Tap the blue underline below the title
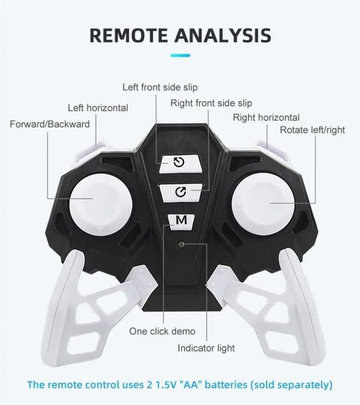point(180,56)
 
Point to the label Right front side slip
point(211,103)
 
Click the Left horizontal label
point(98,108)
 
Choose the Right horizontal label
point(266,118)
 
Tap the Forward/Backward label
point(50,124)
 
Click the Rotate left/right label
point(312,130)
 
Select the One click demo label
point(162,331)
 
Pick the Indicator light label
point(206,348)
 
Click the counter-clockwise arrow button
point(179,162)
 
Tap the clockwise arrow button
point(180,191)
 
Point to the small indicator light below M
point(181,245)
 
